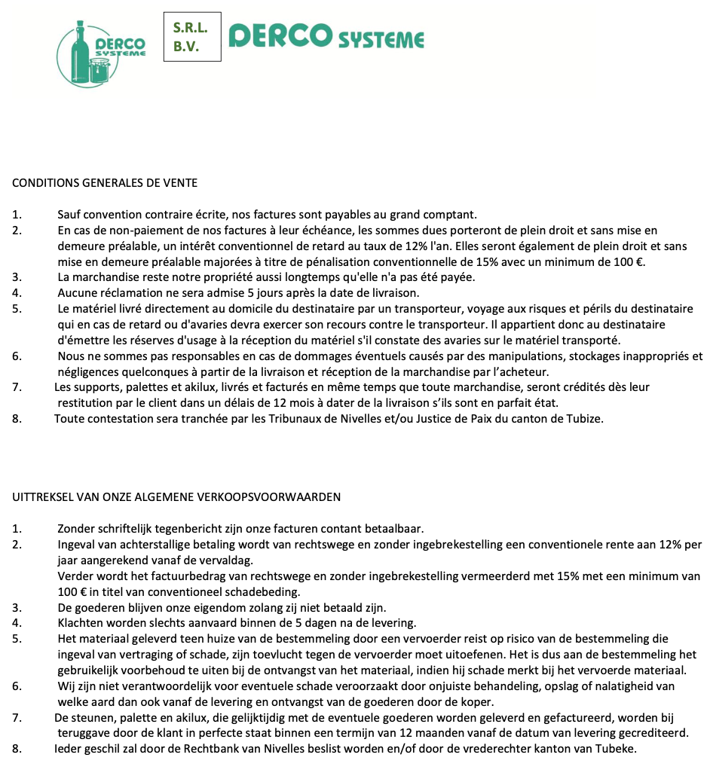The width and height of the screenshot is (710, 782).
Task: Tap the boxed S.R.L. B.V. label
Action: pyautogui.click(x=192, y=36)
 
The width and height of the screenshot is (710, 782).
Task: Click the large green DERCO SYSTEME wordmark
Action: pyautogui.click(x=326, y=36)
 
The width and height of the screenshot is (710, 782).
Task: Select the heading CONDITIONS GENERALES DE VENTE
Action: pyautogui.click(x=105, y=183)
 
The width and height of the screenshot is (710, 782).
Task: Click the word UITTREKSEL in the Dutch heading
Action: pyautogui.click(x=39, y=496)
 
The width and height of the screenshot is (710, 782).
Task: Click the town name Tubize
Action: pyautogui.click(x=586, y=418)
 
